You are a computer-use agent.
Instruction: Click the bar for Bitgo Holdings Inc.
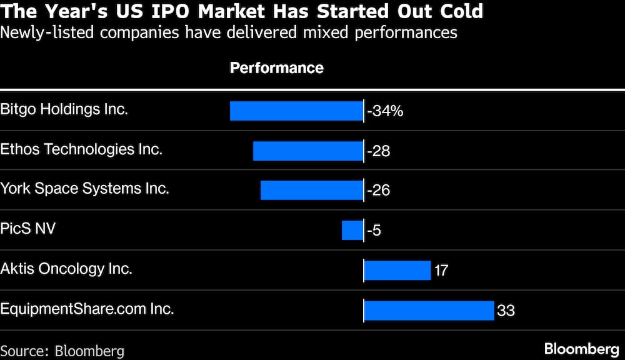point(296,111)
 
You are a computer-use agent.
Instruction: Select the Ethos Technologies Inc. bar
point(308,151)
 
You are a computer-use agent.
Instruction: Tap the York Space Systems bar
point(312,190)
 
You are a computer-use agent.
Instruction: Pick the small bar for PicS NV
point(352,230)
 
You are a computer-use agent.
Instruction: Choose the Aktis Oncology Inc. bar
point(397,270)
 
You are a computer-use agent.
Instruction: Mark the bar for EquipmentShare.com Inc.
point(429,310)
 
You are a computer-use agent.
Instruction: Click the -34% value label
point(385,111)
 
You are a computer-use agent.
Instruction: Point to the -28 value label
point(378,151)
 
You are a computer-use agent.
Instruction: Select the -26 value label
point(378,191)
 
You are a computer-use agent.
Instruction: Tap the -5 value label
point(374,230)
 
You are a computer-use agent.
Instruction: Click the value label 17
point(441,271)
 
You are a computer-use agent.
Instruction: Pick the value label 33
point(506,310)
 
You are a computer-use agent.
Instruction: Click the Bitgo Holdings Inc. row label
point(64,109)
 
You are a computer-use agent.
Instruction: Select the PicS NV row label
point(28,228)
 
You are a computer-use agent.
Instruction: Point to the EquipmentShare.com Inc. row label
point(87,308)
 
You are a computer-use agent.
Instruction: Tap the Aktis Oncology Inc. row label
point(66,269)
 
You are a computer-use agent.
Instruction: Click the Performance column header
point(277,68)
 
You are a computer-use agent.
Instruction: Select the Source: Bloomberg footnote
point(62,351)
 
